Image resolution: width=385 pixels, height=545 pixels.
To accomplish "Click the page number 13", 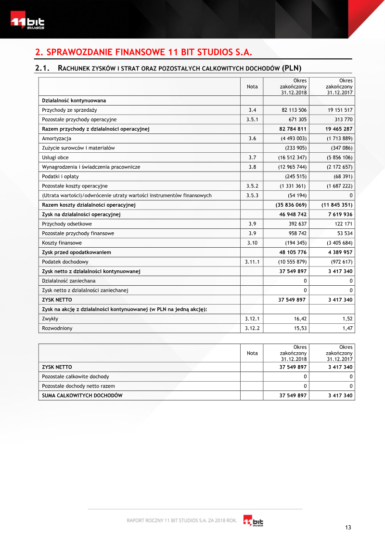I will (x=348, y=527).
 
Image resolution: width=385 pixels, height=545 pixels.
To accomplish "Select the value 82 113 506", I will (x=294, y=110).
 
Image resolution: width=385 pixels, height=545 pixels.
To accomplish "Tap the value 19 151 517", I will (x=339, y=110).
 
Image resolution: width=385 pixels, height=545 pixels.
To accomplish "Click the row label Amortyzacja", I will (x=56, y=138).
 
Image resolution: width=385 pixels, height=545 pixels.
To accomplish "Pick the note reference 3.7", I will (x=252, y=158).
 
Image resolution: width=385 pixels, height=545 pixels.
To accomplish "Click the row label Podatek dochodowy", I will (x=65, y=262).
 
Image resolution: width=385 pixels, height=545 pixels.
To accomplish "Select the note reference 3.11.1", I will (x=252, y=262).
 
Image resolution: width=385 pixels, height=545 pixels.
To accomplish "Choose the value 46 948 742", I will (x=293, y=214).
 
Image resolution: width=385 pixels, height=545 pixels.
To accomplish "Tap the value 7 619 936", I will (x=340, y=214).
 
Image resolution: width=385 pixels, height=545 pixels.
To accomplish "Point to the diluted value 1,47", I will (x=347, y=328).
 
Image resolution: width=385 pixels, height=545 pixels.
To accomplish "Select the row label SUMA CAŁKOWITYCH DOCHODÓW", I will (x=82, y=396).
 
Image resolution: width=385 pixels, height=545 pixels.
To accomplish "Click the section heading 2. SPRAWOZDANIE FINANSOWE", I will (x=144, y=52).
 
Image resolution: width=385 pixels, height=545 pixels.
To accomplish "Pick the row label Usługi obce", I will (x=55, y=158).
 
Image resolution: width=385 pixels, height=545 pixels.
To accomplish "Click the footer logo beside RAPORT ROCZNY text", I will (x=253, y=521).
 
